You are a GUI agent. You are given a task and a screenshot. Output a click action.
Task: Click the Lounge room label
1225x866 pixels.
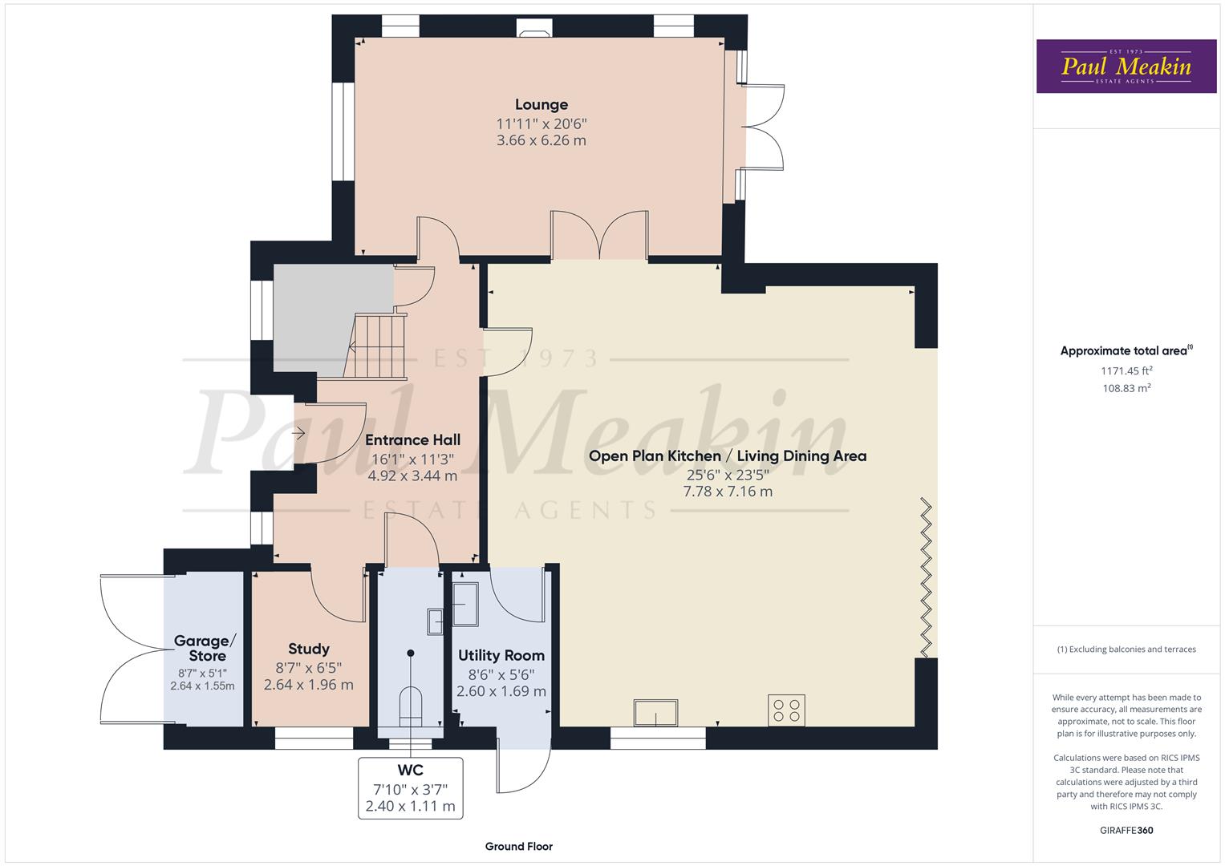(x=541, y=104)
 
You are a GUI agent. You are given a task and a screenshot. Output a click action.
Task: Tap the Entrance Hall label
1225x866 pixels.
(x=412, y=439)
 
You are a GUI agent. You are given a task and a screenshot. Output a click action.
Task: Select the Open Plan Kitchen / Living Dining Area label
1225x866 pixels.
(x=727, y=455)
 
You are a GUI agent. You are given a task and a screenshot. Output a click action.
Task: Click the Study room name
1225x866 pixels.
(x=309, y=649)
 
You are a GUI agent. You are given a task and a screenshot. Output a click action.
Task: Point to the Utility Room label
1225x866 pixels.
(x=501, y=655)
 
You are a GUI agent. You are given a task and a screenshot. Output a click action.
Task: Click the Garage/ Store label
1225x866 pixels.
(x=205, y=648)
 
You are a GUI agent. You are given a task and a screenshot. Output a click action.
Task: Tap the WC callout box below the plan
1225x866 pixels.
(x=410, y=787)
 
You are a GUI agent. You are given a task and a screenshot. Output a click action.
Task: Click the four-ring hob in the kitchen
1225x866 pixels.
(x=785, y=710)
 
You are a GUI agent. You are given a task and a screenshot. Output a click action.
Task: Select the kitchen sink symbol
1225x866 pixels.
(x=655, y=712)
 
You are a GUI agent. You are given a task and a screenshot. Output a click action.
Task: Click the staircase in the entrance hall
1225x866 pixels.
(x=378, y=345)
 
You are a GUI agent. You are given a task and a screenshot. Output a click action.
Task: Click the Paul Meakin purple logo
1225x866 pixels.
(x=1126, y=66)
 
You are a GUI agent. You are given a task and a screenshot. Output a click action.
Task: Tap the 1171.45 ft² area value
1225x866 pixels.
(x=1126, y=370)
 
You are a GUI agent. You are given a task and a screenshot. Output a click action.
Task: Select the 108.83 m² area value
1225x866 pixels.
(x=1126, y=388)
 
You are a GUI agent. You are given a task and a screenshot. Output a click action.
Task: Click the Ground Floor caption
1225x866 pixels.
(x=518, y=846)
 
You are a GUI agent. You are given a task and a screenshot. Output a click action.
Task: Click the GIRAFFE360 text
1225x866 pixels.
(x=1126, y=830)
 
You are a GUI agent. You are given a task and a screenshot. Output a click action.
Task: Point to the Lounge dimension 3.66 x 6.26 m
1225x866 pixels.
(x=541, y=140)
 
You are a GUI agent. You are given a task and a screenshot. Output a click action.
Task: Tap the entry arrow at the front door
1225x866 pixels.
(x=299, y=434)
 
